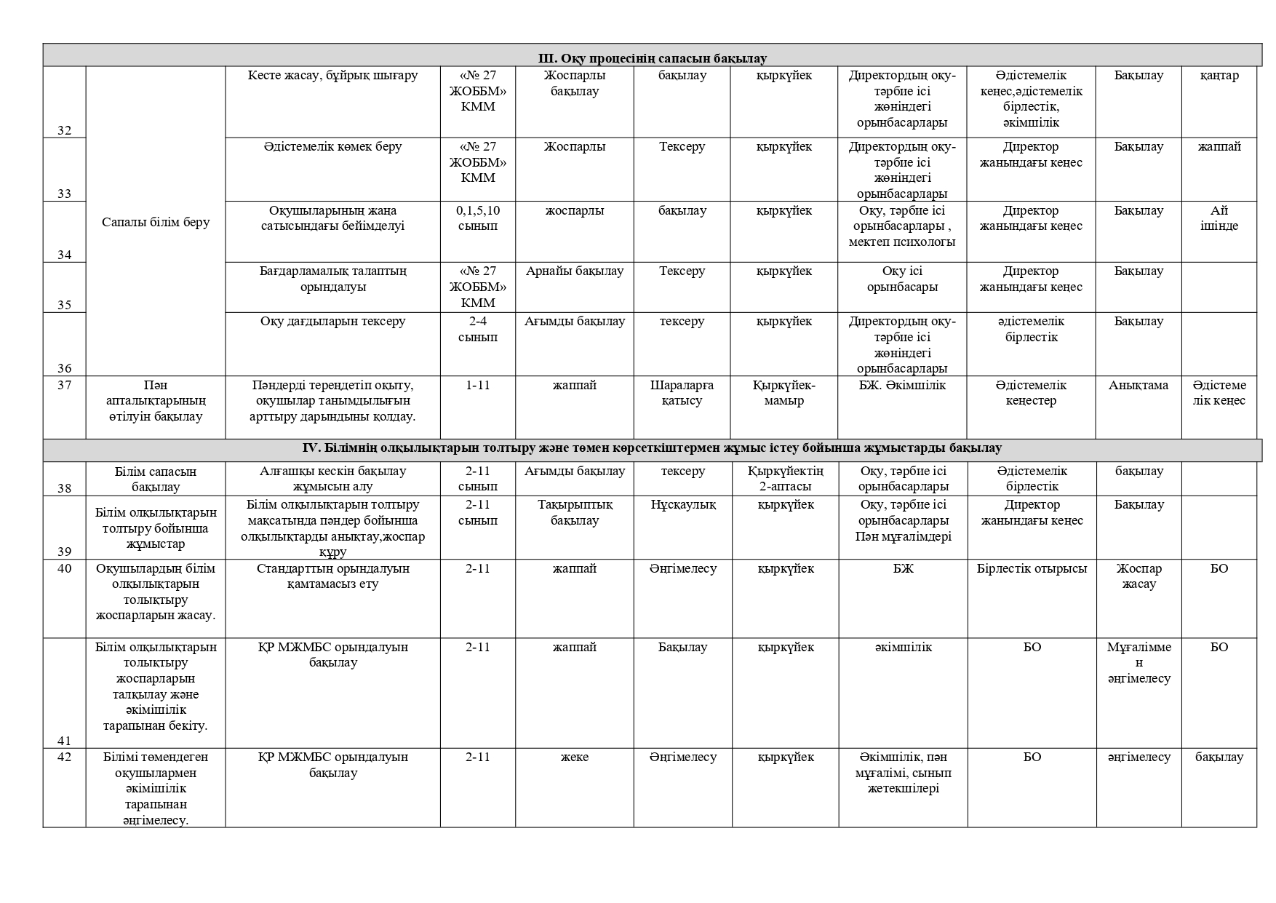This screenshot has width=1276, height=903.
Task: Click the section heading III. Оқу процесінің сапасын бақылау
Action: pos(652,58)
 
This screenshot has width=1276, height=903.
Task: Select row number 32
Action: pos(65,131)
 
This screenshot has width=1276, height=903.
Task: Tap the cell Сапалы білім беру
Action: pos(156,222)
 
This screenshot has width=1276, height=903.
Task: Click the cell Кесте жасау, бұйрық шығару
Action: pos(332,76)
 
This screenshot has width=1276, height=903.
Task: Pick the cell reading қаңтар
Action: pos(1219,76)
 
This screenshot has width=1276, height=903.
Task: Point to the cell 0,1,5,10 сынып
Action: pos(478,218)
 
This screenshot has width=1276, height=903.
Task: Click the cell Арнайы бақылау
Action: pos(575,271)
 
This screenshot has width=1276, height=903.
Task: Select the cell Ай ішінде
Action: pos(1219,218)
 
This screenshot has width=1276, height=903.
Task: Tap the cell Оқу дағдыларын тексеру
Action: pos(332,322)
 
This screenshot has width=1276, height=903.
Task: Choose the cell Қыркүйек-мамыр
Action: pos(784,393)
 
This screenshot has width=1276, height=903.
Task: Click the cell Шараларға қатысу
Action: pos(682,393)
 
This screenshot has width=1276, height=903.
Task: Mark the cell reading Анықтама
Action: pos(1139,386)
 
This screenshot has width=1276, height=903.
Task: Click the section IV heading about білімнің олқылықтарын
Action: pos(652,448)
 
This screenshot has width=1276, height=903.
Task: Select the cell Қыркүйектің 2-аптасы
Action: pos(785,479)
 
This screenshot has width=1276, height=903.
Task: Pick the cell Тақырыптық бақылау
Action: pos(575,513)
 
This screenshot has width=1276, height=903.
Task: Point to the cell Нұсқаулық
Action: pos(682,505)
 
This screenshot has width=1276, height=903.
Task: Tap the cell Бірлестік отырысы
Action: pos(1032,569)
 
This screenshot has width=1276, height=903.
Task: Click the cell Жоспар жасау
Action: pos(1139,576)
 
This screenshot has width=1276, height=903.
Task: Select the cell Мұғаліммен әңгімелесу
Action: pos(1139,663)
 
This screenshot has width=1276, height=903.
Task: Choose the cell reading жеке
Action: pos(575,757)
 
